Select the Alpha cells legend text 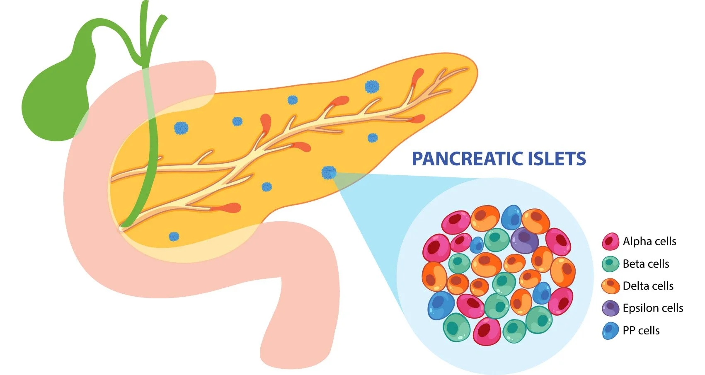(649, 241)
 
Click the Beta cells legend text (646, 264)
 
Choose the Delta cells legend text (648, 285)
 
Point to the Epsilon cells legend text (653, 308)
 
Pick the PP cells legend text (641, 330)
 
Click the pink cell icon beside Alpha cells (610, 241)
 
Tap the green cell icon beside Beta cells (610, 264)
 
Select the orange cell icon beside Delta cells (610, 286)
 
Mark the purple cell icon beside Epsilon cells (610, 308)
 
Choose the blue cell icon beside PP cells (610, 331)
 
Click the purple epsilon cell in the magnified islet (524, 240)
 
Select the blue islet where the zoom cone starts (329, 172)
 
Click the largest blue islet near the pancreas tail (372, 87)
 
